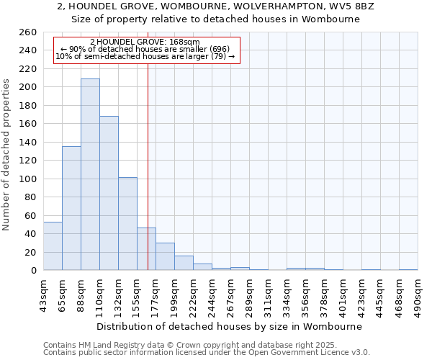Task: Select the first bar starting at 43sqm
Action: pos(53,246)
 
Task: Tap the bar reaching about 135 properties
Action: pos(71,208)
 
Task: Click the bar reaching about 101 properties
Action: pos(127,223)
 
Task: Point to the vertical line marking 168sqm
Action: pos(148,158)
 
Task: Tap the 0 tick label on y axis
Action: pos(34,271)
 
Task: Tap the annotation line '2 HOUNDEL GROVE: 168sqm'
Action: pos(145,42)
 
